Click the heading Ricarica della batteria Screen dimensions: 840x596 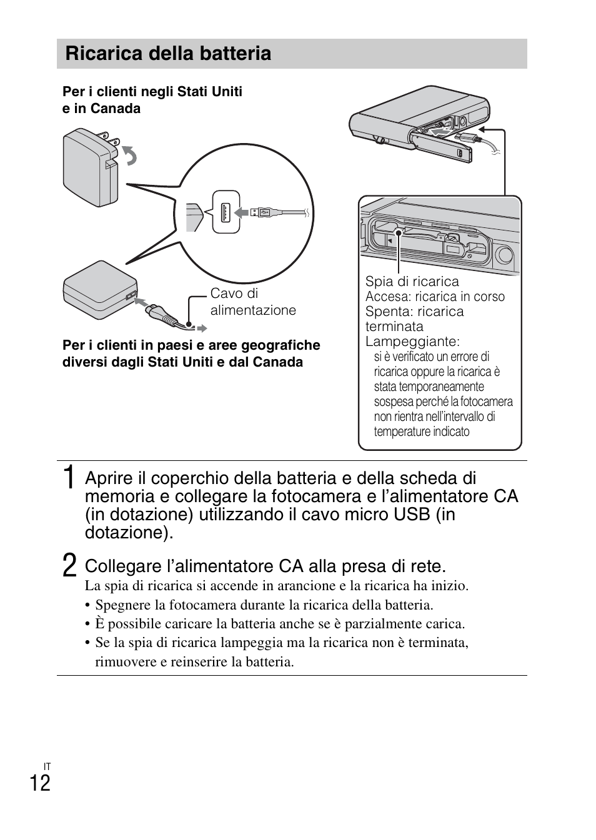point(168,54)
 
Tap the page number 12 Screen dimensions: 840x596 point(39,783)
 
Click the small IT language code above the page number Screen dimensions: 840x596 point(47,766)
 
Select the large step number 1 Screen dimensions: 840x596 point(70,478)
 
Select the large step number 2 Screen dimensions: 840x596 point(70,566)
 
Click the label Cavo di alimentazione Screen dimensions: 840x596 point(252,302)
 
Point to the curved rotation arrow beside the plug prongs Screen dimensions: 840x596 point(130,156)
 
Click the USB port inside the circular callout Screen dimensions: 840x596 point(226,212)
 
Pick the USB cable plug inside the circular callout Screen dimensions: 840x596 point(263,212)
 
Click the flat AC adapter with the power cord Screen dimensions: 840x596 point(99,291)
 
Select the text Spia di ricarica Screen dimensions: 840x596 point(412,281)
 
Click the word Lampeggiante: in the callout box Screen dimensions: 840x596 point(412,342)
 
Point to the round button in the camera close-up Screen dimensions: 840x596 point(504,254)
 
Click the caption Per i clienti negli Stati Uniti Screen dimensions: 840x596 point(152,92)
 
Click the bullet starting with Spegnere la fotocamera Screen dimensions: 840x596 point(264,605)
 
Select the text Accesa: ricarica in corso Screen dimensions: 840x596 point(435,297)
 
